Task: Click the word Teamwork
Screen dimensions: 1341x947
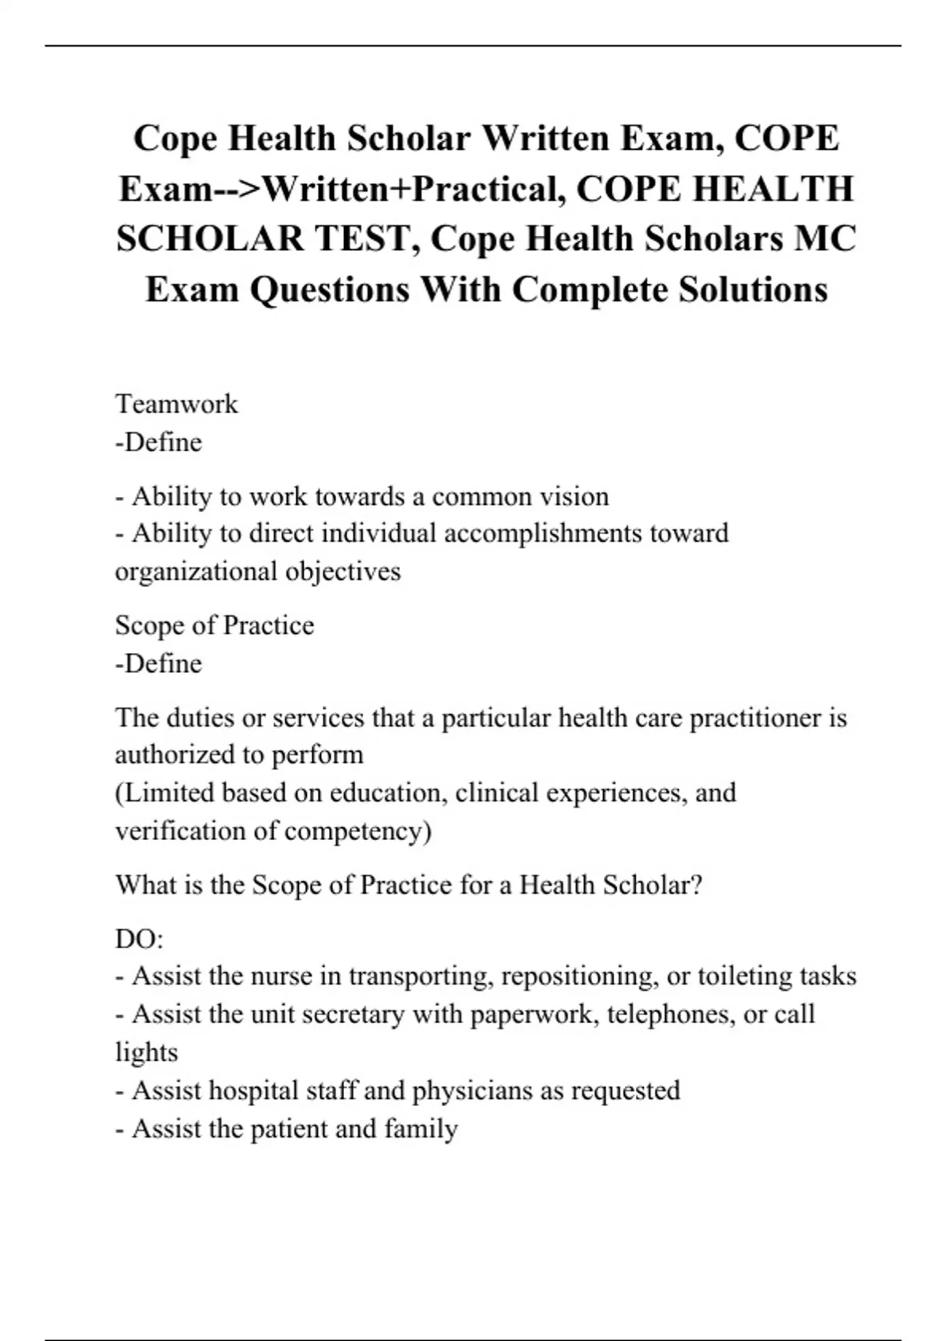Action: click(x=176, y=404)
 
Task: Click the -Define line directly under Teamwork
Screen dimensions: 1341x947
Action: click(x=159, y=442)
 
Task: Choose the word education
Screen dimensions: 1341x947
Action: click(x=386, y=793)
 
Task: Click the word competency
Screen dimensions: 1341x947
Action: click(x=357, y=831)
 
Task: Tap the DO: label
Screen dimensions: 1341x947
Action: click(x=139, y=939)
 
